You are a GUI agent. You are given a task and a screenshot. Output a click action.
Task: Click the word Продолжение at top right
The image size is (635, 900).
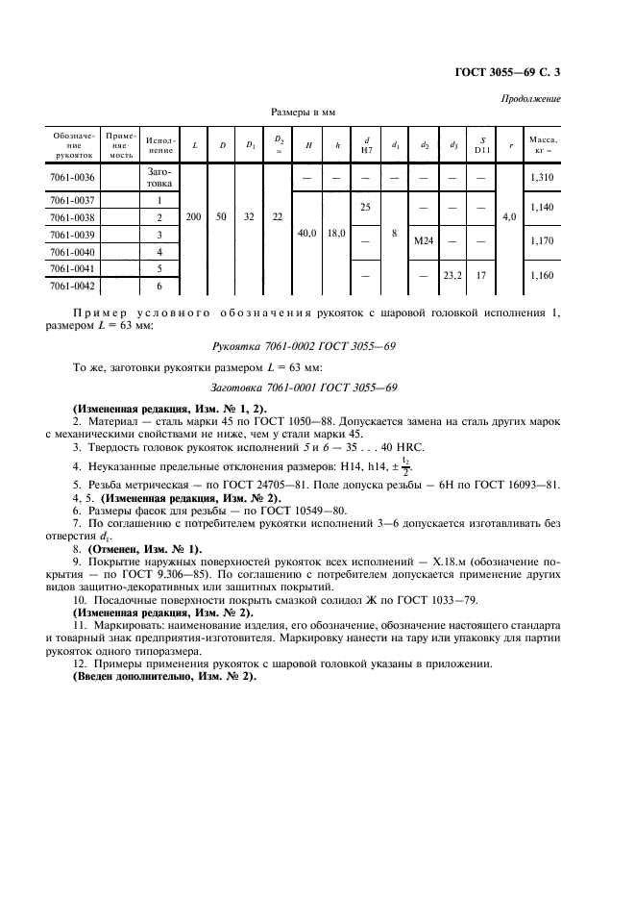pyautogui.click(x=531, y=100)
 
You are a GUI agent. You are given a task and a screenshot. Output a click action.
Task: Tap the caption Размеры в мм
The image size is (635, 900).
pyautogui.click(x=304, y=112)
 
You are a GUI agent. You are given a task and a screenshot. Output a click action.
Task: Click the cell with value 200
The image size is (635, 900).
pyautogui.click(x=193, y=217)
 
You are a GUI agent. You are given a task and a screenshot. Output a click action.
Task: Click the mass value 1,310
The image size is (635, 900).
pyautogui.click(x=544, y=178)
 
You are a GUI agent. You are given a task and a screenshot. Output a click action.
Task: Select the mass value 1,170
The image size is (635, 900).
pyautogui.click(x=544, y=240)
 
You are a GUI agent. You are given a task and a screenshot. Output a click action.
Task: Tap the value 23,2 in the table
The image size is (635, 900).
pyautogui.click(x=452, y=276)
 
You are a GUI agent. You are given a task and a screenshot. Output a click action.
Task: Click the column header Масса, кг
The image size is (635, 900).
pyautogui.click(x=544, y=144)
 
